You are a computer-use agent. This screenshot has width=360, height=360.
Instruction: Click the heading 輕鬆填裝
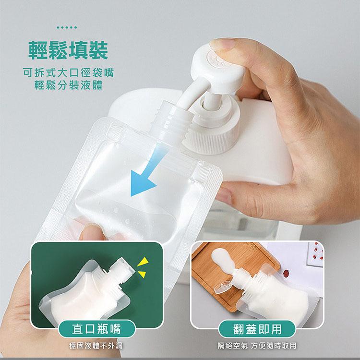(x=68, y=50)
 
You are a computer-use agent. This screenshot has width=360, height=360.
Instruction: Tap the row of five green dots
(x=67, y=27)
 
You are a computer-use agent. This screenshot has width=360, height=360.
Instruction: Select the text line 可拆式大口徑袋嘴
(x=68, y=72)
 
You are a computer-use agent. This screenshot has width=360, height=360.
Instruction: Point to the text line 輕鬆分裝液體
(x=68, y=85)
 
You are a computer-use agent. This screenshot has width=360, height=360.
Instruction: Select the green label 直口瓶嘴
(x=96, y=329)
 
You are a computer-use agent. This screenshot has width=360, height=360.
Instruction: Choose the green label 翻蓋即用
(x=257, y=329)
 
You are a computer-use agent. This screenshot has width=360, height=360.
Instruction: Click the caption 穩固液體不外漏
(x=96, y=346)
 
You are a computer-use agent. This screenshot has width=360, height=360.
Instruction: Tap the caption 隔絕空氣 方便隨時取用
(x=257, y=346)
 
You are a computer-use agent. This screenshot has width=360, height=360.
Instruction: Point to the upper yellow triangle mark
(x=144, y=262)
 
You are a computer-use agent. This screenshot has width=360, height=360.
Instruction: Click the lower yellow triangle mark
(x=143, y=274)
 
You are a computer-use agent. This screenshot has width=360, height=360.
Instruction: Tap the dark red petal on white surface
(x=286, y=273)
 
